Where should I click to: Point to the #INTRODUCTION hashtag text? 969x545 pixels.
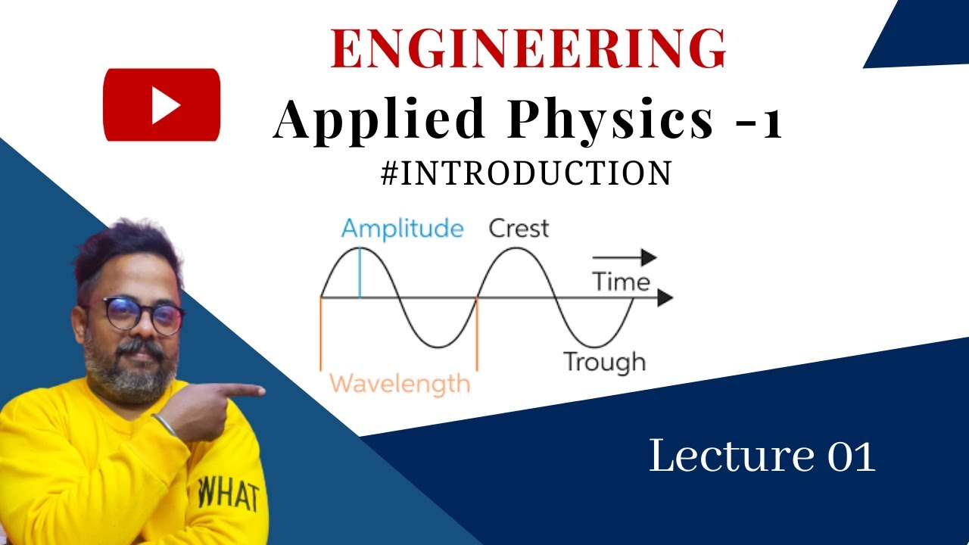point(527,173)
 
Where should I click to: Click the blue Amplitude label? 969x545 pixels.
point(402,229)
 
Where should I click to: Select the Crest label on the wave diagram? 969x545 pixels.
point(519,229)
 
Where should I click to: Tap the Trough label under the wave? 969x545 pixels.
point(604,362)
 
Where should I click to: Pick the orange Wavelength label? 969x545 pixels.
point(400,383)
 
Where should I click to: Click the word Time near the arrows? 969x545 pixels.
point(621,282)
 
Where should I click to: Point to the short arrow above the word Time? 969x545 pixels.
point(624,257)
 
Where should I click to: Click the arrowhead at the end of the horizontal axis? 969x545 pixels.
point(664,298)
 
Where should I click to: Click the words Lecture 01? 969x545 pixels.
point(762,457)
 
